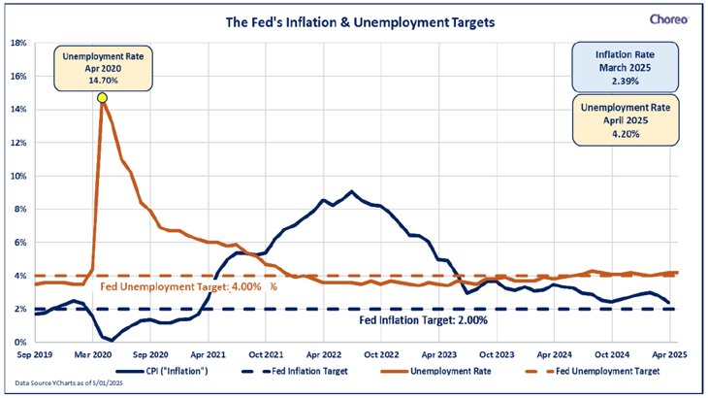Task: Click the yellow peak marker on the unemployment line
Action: coord(102,97)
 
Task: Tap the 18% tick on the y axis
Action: coord(19,43)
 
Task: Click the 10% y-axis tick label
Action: coord(19,176)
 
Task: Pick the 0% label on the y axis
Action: coord(21,342)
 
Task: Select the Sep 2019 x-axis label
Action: coord(36,355)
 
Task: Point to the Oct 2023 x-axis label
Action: coord(499,355)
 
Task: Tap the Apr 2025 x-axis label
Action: coord(679,355)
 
